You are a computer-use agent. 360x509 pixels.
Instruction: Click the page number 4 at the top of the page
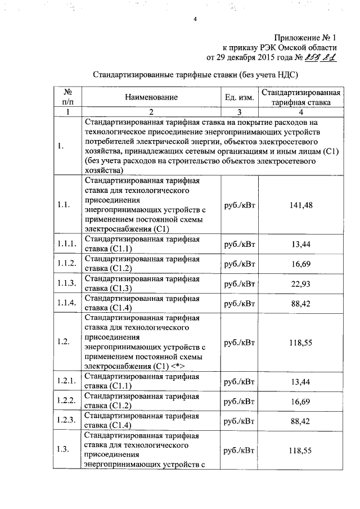coord(195,20)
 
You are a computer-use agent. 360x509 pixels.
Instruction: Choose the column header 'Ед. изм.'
coord(239,97)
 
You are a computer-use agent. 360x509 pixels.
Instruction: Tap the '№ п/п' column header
coord(67,97)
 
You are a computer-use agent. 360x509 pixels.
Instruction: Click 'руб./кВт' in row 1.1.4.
coord(240,303)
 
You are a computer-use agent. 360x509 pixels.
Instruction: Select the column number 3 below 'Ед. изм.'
coord(239,111)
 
